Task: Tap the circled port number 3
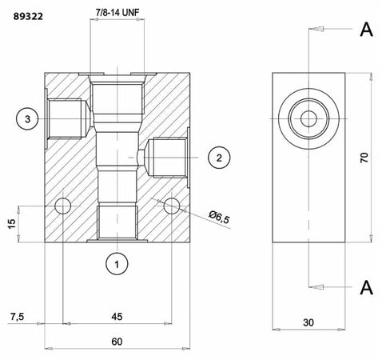26,119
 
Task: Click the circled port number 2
216,158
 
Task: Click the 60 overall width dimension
117,342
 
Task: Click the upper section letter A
366,30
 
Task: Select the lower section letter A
366,286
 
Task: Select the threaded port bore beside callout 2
165,157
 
